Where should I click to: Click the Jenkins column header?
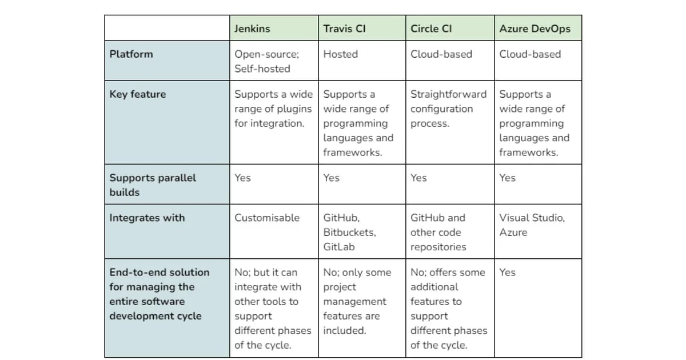pos(252,29)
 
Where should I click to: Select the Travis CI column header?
pos(344,29)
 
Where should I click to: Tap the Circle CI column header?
pos(431,29)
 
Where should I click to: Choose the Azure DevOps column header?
pos(535,29)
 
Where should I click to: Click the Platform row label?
pos(131,54)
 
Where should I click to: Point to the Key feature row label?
pos(137,94)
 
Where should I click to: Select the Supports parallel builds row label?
pos(152,185)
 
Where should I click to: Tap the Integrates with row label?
pos(147,218)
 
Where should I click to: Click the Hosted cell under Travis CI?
pos(340,54)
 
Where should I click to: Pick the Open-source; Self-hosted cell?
pos(266,61)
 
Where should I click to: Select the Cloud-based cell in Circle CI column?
pos(441,54)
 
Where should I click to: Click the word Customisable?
pos(266,218)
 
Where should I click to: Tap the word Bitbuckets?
pos(349,233)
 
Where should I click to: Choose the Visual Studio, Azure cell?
pos(532,225)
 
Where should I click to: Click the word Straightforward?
pos(448,94)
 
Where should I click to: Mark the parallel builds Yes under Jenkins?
pos(242,178)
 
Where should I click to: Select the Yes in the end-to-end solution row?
pos(507,273)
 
